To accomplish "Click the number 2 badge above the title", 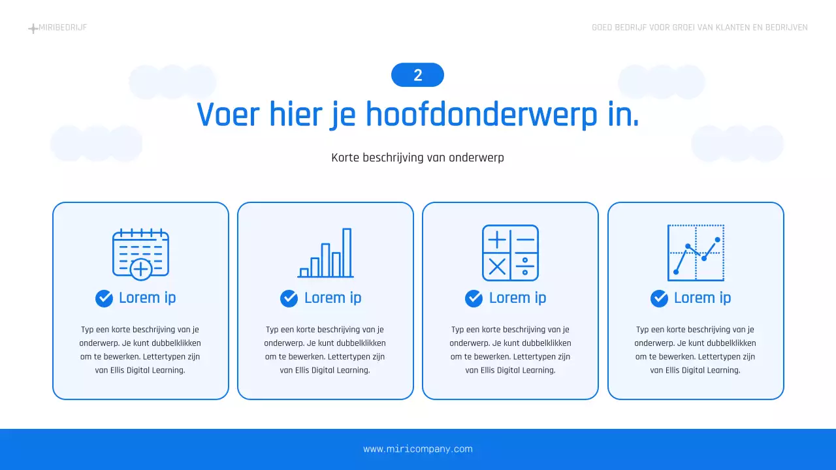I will pos(417,75).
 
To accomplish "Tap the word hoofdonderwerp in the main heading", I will pos(481,114).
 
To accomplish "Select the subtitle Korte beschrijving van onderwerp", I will pos(417,157).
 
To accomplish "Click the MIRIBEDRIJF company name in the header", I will pos(63,27).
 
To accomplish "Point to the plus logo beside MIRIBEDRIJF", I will pos(33,28).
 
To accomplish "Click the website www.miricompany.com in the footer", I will pos(417,449).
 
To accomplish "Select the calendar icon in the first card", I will pos(140,253).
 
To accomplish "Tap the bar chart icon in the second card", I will pos(325,253).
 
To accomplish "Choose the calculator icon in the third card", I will pos(510,253).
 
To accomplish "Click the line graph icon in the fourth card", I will pos(696,253).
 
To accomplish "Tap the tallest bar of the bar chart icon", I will pos(347,252).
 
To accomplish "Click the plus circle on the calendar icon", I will pos(141,268).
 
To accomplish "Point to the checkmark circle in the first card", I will pos(104,298).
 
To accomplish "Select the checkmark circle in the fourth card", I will pos(659,298).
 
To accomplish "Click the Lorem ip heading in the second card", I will pos(332,298).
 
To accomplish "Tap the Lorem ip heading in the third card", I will pos(517,298).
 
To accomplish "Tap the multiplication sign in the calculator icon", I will pos(497,266).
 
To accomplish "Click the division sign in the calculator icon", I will pos(524,266).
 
